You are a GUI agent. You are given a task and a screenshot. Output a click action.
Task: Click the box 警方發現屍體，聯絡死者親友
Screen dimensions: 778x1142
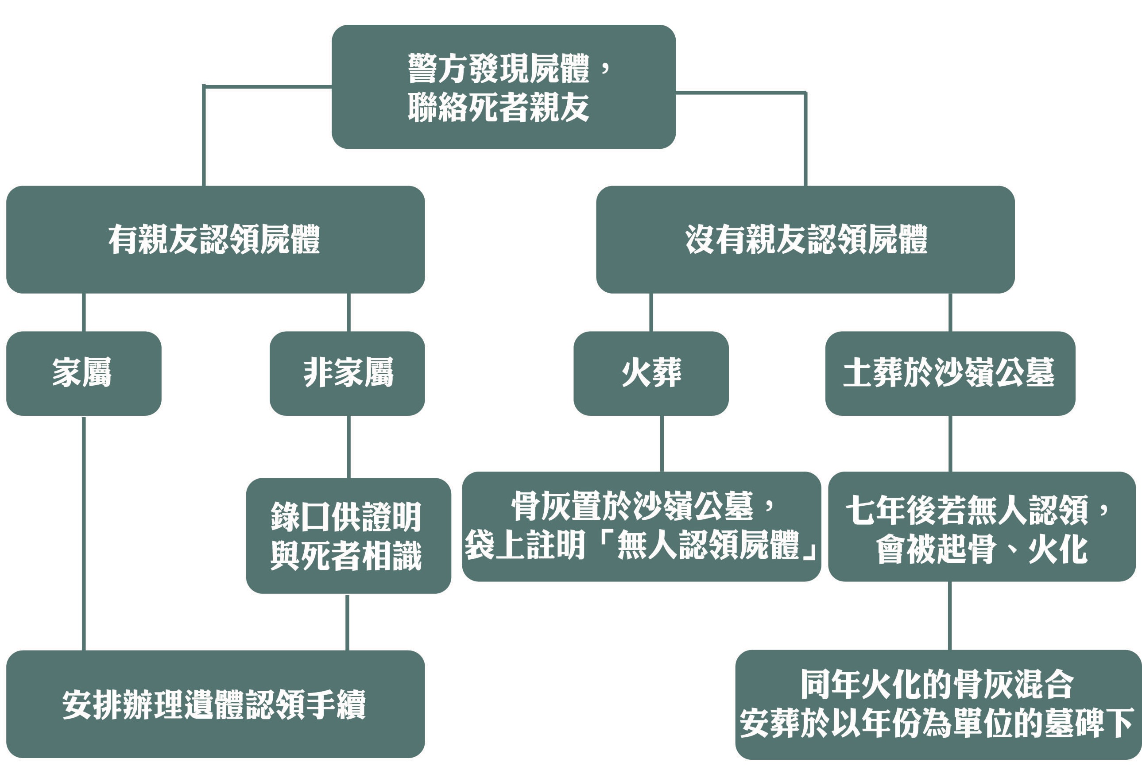click(x=503, y=86)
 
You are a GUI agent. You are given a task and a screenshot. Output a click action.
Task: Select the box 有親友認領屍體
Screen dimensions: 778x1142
click(x=215, y=240)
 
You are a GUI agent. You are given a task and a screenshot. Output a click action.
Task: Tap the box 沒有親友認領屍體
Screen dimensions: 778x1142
click(x=805, y=240)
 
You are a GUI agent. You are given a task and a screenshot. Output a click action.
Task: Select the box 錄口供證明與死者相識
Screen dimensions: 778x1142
click(x=348, y=536)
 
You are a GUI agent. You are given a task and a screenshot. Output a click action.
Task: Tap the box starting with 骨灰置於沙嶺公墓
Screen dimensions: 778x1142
click(x=641, y=526)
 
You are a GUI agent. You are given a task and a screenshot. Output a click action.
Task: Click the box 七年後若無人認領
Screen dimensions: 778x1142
click(x=982, y=526)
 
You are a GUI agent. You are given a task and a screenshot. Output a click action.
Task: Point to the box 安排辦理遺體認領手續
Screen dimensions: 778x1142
click(x=215, y=704)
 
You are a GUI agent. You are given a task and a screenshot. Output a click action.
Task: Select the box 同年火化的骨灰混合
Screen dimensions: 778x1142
click(x=938, y=704)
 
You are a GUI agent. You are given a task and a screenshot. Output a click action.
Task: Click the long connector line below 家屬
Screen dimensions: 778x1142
click(x=84, y=533)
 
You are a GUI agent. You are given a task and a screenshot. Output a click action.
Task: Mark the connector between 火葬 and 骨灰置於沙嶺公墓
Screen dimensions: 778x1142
click(x=662, y=443)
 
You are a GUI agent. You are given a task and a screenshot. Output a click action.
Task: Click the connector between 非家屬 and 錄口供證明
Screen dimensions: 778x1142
click(x=348, y=446)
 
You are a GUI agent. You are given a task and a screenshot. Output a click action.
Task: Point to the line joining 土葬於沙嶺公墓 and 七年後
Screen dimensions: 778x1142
click(x=950, y=443)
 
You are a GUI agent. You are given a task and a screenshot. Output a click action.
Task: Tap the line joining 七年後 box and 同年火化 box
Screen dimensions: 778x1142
click(x=949, y=615)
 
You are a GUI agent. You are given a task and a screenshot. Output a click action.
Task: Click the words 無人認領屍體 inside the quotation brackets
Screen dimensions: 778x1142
click(x=708, y=545)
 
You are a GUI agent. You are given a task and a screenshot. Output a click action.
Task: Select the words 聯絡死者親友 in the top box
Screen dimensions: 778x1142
click(x=498, y=108)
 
